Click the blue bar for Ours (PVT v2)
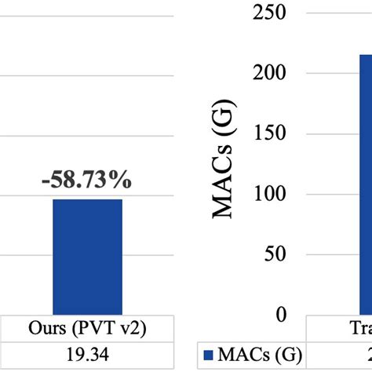coord(87,257)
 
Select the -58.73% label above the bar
coord(87,181)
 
